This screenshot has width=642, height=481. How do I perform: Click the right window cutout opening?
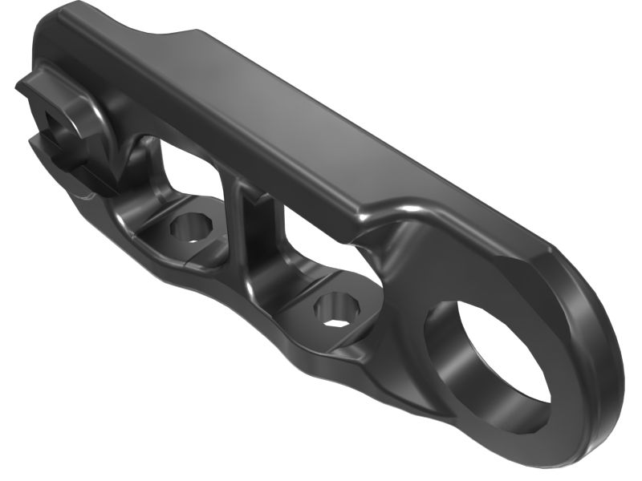tap(321, 245)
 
